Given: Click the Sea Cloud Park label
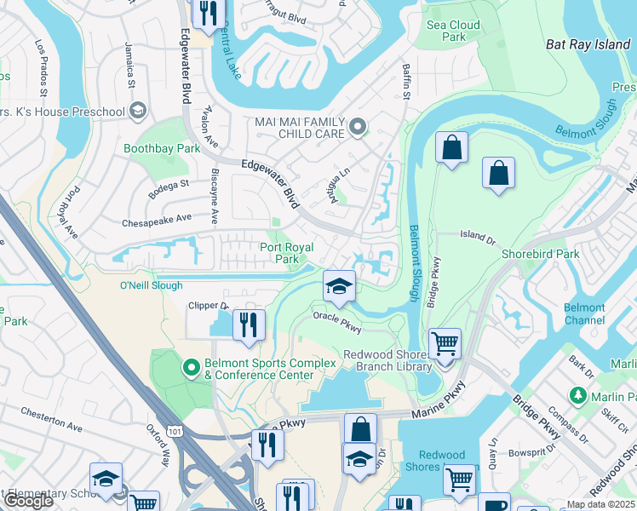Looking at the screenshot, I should click(454, 32).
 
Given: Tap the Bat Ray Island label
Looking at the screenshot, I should click(587, 43).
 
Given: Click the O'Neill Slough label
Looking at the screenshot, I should click(151, 285).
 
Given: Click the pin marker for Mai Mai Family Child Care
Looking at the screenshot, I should click(358, 128).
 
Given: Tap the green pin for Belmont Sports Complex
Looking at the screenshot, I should click(192, 369).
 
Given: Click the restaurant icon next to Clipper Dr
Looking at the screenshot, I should click(249, 325).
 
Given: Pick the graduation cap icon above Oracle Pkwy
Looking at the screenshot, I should click(339, 286).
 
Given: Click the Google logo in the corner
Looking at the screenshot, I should click(28, 501).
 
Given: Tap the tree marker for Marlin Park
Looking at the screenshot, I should click(578, 396).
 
